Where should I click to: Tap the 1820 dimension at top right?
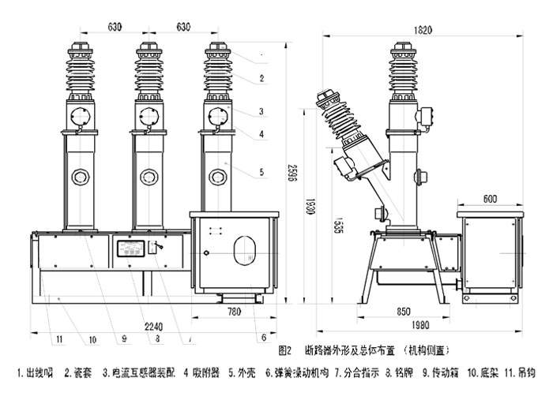pos(424,30)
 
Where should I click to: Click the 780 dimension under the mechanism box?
pos(235,312)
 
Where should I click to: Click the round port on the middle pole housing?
pos(149,175)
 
